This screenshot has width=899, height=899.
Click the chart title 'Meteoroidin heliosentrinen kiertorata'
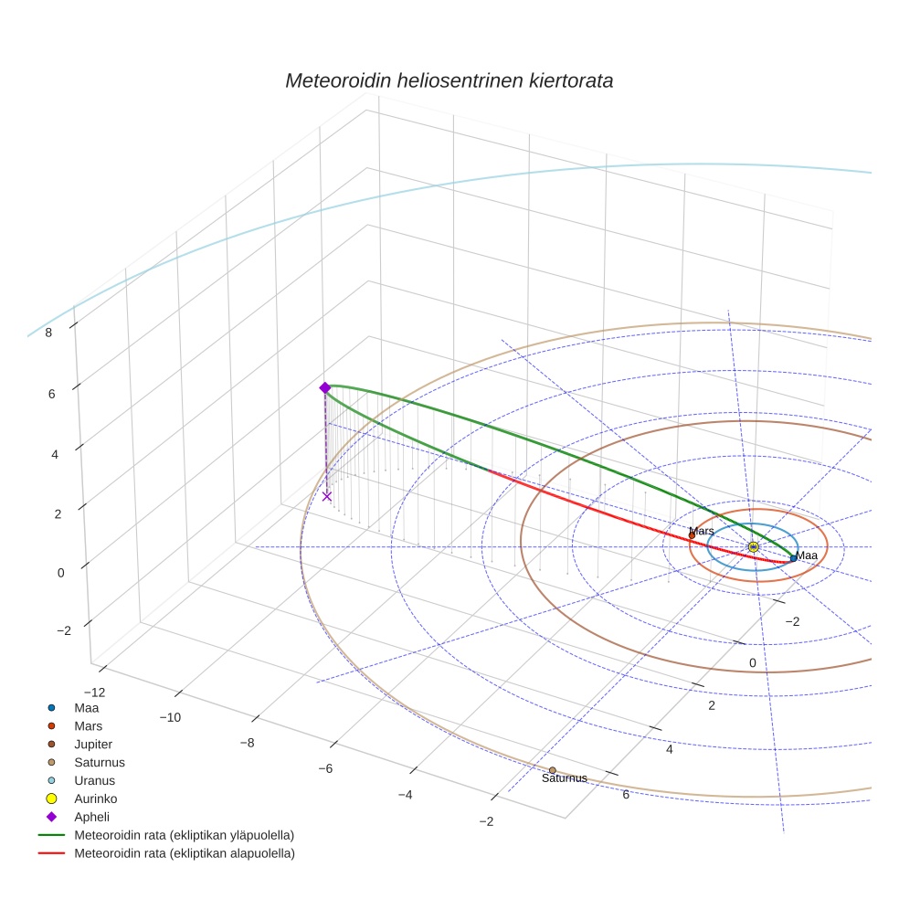[x=449, y=80]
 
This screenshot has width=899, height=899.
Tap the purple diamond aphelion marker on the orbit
[x=324, y=388]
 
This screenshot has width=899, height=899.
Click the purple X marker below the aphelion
[x=327, y=496]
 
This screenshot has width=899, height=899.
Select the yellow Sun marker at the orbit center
[x=753, y=546]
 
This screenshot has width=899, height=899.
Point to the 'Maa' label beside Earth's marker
[x=807, y=555]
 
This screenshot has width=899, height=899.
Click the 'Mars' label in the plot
[x=702, y=531]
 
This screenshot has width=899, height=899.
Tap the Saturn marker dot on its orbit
[x=553, y=770]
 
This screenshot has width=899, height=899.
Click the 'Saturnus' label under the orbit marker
[x=564, y=779]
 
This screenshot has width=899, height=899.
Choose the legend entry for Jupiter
[x=93, y=744]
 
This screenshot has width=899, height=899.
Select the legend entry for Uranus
[x=94, y=780]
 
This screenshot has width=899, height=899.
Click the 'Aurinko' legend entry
[x=96, y=799]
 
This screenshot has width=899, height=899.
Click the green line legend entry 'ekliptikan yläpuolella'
[x=184, y=835]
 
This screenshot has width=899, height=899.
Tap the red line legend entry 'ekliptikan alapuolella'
[x=184, y=853]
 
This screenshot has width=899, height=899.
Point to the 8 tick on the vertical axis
[x=48, y=333]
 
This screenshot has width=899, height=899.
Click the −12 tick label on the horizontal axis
[x=93, y=693]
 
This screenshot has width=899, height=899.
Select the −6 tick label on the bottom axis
[x=324, y=769]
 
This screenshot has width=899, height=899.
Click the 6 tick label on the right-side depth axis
[x=625, y=794]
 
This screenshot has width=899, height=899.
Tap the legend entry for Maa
[x=86, y=707]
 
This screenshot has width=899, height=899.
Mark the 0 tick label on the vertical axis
[x=61, y=573]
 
